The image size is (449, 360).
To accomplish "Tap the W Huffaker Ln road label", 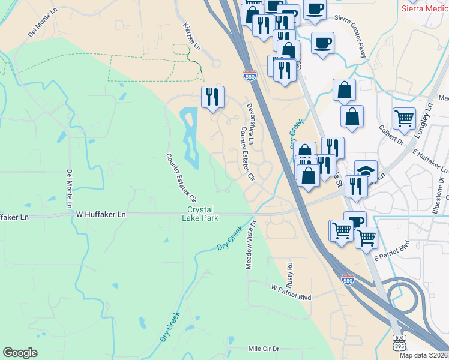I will pyautogui.click(x=101, y=214).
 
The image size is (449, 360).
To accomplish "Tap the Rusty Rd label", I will pyautogui.click(x=289, y=272).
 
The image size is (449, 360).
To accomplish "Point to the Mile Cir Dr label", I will pyautogui.click(x=264, y=349).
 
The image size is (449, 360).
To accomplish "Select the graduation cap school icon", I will pyautogui.click(x=366, y=171).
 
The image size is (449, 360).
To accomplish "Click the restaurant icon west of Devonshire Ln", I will pyautogui.click(x=212, y=97).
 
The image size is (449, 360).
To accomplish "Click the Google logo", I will pyautogui.click(x=20, y=352).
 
